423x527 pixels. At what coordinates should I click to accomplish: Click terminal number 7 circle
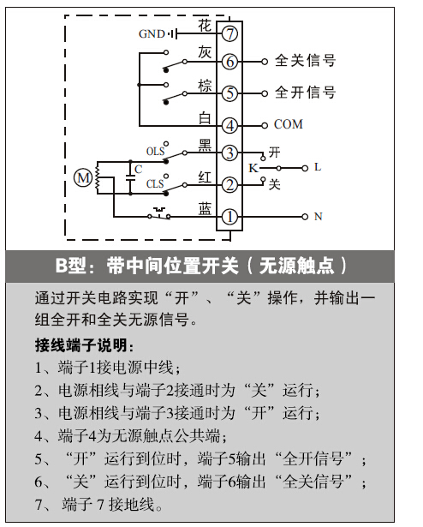click(229, 33)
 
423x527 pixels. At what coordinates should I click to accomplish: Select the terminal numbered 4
click(229, 125)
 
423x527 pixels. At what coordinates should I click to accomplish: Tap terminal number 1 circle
click(229, 217)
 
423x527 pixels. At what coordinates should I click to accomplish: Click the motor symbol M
click(83, 177)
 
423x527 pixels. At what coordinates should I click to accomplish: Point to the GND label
click(152, 34)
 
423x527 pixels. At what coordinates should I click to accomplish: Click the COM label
click(289, 124)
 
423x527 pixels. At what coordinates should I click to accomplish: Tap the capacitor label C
click(138, 169)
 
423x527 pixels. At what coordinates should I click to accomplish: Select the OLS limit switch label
click(155, 151)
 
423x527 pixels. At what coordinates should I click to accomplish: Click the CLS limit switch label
click(155, 184)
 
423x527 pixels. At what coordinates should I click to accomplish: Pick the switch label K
click(253, 168)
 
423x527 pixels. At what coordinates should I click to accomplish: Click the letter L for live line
click(318, 167)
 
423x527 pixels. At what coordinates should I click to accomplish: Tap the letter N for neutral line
click(318, 217)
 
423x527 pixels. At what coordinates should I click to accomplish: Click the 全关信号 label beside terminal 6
click(305, 61)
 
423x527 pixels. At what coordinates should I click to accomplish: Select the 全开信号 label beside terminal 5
click(305, 93)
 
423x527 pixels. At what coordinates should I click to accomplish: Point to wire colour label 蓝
click(205, 209)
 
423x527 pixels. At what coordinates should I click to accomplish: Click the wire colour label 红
click(205, 177)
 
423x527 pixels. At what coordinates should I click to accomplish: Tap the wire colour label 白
click(205, 118)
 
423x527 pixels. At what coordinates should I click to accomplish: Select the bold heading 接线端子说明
click(84, 345)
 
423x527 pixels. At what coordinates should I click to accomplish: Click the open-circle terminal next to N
click(305, 217)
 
